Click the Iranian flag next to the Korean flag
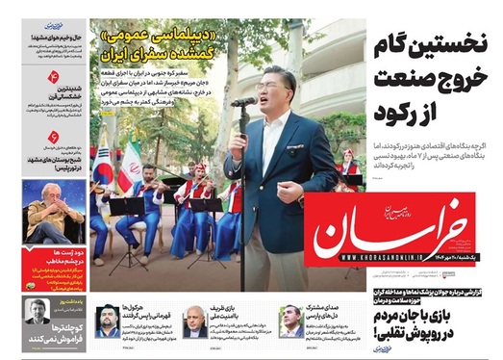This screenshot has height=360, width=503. coord(130,162)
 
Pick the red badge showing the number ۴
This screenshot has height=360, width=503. coord(53,74)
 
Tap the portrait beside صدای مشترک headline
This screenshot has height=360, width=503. coord(289,321)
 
